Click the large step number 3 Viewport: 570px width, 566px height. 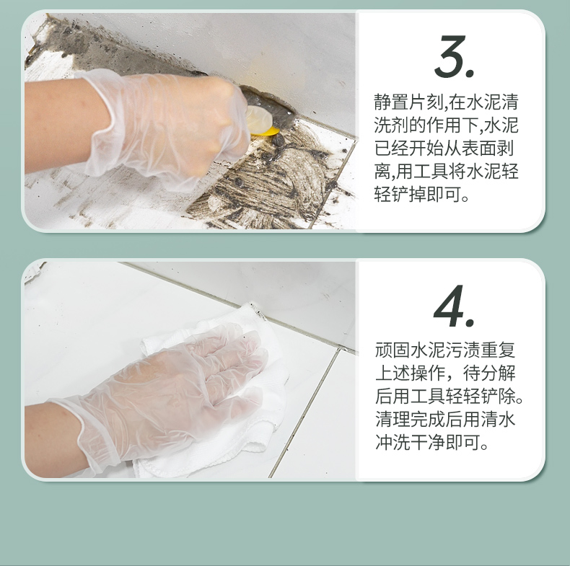pyautogui.click(x=455, y=56)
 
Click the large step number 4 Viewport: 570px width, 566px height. pyautogui.click(x=454, y=306)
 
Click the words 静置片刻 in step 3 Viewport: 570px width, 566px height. pyautogui.click(x=408, y=102)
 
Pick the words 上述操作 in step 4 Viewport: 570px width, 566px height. pyautogui.click(x=410, y=373)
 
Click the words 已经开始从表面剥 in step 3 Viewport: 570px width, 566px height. pyautogui.click(x=444, y=149)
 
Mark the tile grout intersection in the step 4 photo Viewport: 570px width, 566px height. pyautogui.click(x=339, y=349)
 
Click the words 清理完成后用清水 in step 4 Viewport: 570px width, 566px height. pyautogui.click(x=445, y=419)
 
